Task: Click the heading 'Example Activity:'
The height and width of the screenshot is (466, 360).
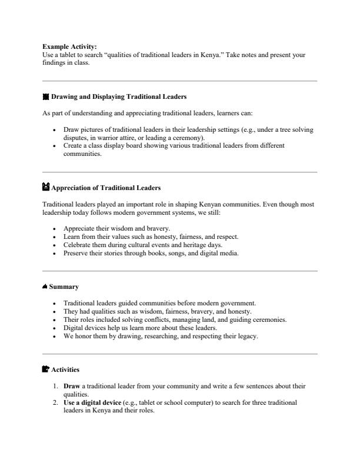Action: click(x=69, y=46)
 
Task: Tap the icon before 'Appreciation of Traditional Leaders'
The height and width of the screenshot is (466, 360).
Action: click(x=46, y=188)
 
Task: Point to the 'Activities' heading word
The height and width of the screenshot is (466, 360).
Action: click(x=65, y=370)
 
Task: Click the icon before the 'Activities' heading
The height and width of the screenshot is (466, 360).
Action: click(x=46, y=370)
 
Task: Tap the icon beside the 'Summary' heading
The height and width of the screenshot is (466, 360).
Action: click(x=45, y=287)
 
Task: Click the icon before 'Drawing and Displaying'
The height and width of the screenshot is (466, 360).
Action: click(x=46, y=96)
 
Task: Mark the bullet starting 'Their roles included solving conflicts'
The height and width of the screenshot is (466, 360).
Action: click(x=175, y=319)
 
